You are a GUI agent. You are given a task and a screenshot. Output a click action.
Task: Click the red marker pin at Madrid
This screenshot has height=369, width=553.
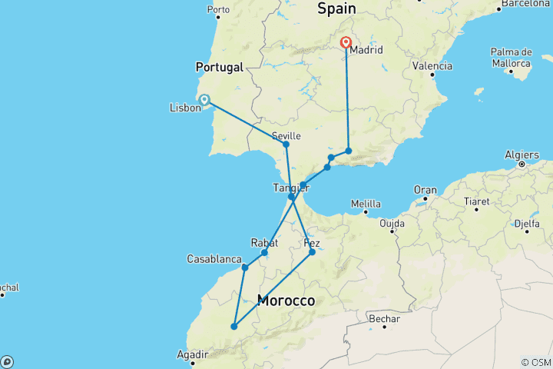pos(346,43)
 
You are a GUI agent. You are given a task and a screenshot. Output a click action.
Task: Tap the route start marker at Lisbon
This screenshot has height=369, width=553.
pos(204,98)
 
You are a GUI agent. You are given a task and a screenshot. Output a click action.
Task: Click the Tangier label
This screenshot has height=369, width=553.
pos(290,188)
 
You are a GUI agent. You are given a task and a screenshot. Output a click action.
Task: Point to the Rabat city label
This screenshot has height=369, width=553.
pos(263,243)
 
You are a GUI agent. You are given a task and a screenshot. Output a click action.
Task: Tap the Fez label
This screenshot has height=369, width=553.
pos(312,243)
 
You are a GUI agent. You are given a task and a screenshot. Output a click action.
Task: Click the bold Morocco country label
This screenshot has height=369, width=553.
pos(286,301)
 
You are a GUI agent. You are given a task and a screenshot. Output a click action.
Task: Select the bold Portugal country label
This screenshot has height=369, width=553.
pos(220,67)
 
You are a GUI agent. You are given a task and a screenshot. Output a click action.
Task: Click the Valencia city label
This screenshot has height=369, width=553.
pos(432,66)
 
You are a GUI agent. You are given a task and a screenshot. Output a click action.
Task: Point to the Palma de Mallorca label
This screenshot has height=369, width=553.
pos(510,58)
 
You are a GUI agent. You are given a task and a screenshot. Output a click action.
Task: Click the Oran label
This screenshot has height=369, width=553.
pos(425,190)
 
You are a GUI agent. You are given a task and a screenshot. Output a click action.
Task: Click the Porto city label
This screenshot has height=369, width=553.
pos(218,11)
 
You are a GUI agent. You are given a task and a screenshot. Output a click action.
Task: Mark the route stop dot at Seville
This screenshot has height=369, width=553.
pos(286,145)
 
